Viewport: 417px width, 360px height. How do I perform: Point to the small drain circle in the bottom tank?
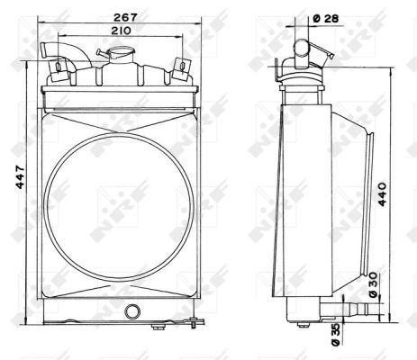[x=134, y=311]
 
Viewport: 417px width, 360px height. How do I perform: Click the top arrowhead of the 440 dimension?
[x=388, y=71]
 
